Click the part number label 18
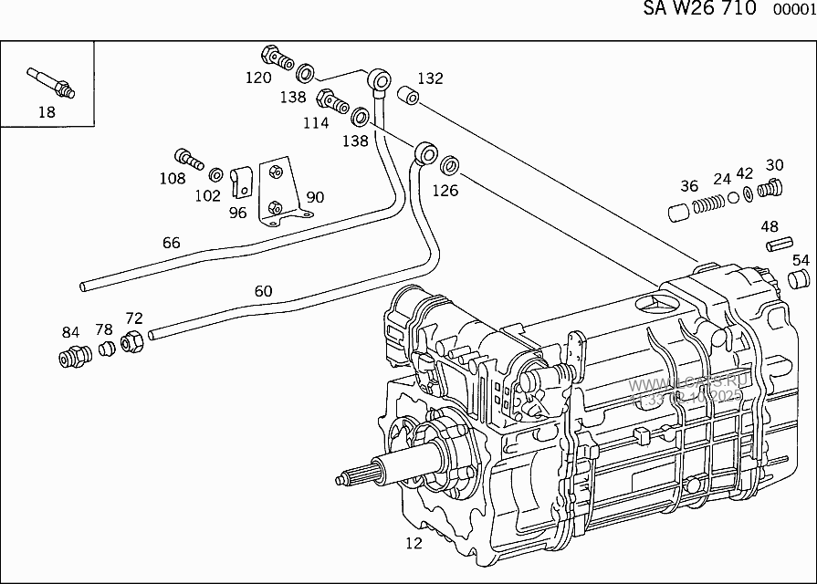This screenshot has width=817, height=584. [x=47, y=112]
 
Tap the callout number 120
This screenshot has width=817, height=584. [x=258, y=78]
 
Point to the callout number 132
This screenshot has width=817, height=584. [x=430, y=78]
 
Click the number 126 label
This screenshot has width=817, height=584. [x=445, y=191]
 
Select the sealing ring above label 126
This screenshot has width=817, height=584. [x=450, y=167]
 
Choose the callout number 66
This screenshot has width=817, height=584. [x=171, y=243]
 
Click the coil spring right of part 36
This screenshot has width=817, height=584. [x=710, y=205]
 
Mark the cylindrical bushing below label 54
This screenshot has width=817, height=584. [x=800, y=278]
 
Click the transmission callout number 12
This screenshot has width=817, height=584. [x=414, y=544]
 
